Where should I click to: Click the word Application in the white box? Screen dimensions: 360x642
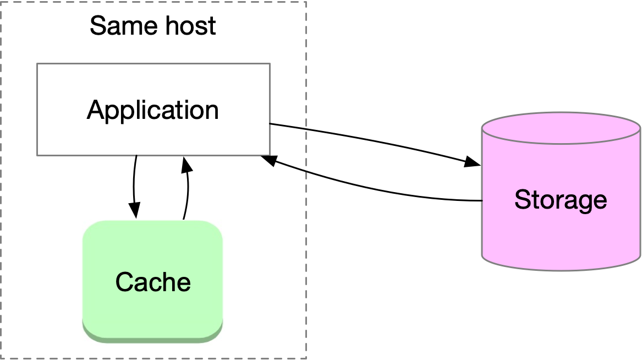[152, 110]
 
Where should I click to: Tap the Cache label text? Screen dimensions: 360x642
[153, 282]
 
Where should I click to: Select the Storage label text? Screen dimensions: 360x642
[560, 199]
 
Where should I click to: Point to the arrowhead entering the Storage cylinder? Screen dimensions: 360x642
[473, 163]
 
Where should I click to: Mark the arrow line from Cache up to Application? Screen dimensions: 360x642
[187, 193]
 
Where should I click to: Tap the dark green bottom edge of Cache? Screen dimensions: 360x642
[152, 335]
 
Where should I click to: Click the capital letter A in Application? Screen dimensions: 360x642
[95, 110]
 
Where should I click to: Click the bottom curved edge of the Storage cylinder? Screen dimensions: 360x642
[561, 269]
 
